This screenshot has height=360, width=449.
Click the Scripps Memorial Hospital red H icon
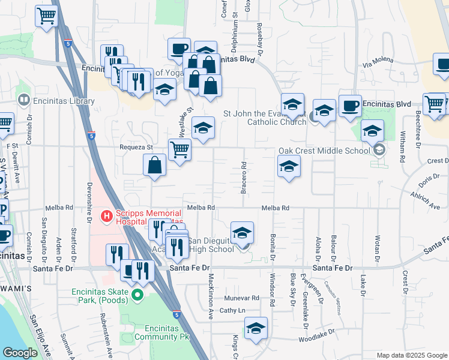(x=107, y=215)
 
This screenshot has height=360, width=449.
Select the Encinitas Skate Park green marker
(x=137, y=295)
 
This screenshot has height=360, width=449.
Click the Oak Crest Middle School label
(x=324, y=151)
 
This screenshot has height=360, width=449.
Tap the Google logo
(x=20, y=353)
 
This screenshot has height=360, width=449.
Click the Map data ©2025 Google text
(x=411, y=355)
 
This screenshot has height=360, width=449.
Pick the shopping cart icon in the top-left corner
(x=46, y=16)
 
